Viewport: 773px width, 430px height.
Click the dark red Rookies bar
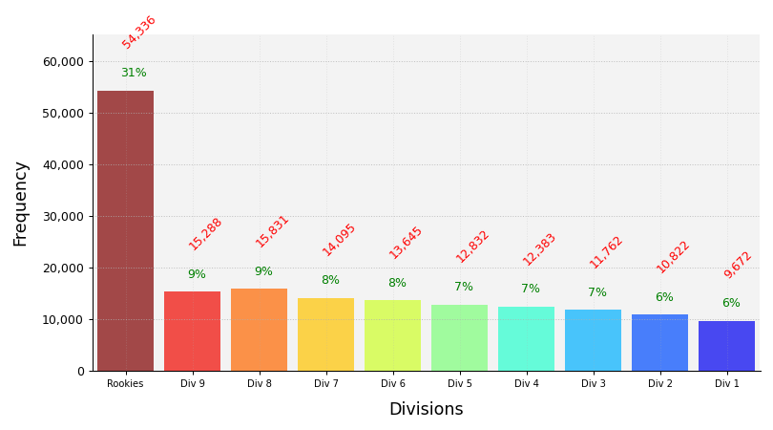[x=125, y=230]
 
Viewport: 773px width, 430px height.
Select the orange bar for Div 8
[x=259, y=330]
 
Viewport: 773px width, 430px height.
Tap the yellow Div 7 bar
[x=325, y=334]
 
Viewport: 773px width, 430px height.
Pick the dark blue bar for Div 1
[x=726, y=346]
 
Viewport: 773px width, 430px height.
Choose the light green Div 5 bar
[x=459, y=337]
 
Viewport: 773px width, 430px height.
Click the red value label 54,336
[x=138, y=32]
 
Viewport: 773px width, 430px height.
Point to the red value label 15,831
[x=272, y=232]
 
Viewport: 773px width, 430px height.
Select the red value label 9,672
[x=738, y=265]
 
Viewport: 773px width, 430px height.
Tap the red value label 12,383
[x=539, y=249]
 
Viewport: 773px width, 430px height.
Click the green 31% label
[x=134, y=74]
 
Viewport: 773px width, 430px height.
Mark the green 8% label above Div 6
[x=397, y=284]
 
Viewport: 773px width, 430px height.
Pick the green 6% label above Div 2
[x=664, y=298]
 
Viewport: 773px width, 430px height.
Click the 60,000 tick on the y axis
[x=63, y=62]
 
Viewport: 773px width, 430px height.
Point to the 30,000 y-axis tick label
[x=63, y=217]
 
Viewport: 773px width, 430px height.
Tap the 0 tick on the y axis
[x=80, y=372]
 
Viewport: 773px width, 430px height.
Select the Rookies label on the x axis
[x=125, y=384]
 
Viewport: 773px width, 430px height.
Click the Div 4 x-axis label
[x=526, y=384]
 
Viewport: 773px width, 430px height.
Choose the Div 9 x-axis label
[x=192, y=384]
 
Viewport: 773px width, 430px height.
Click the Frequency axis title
[x=21, y=204]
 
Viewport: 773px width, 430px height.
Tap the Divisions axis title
[x=426, y=410]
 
